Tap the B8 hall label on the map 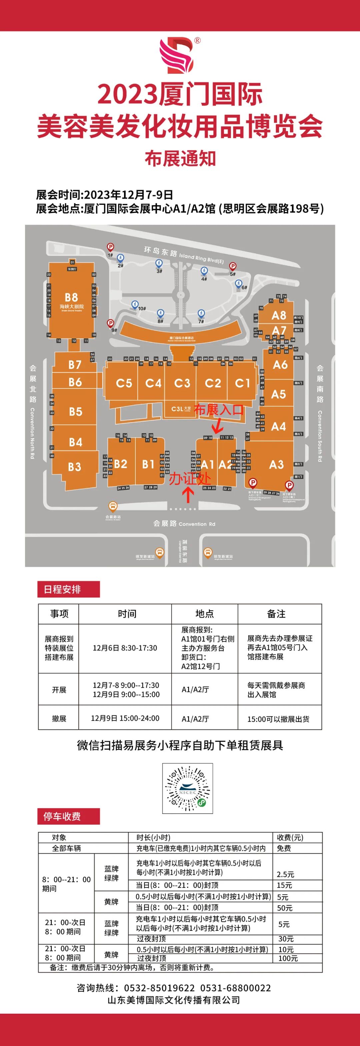tap(71, 297)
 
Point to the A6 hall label tap(280, 365)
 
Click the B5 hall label tap(75, 412)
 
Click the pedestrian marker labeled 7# tap(201, 313)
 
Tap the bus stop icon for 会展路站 tap(113, 506)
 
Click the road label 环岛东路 tap(161, 252)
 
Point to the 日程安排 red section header tap(68, 589)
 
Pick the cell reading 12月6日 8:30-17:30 tap(125, 648)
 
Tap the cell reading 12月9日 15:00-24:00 tap(125, 718)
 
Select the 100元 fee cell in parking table tap(288, 958)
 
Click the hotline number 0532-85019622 tap(159, 988)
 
